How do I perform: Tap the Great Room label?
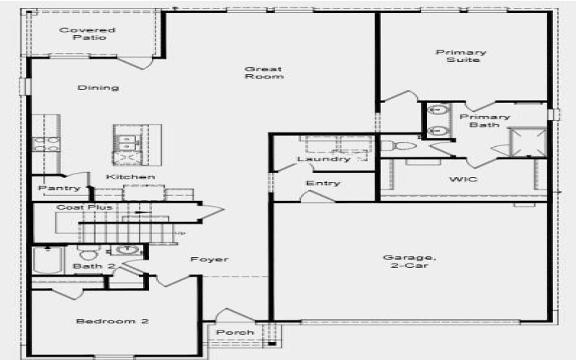[x=264, y=73]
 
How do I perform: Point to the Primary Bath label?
[x=485, y=120]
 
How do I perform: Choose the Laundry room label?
[x=323, y=159]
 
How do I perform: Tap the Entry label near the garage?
[x=323, y=183]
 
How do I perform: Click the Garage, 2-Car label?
[x=409, y=261]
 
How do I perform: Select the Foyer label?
[x=210, y=259]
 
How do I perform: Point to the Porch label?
[x=235, y=333]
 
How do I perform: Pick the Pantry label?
[x=59, y=189]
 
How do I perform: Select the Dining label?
[x=99, y=88]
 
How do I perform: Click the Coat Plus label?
[x=85, y=207]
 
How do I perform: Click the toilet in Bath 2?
[x=89, y=253]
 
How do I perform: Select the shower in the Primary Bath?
[x=528, y=141]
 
